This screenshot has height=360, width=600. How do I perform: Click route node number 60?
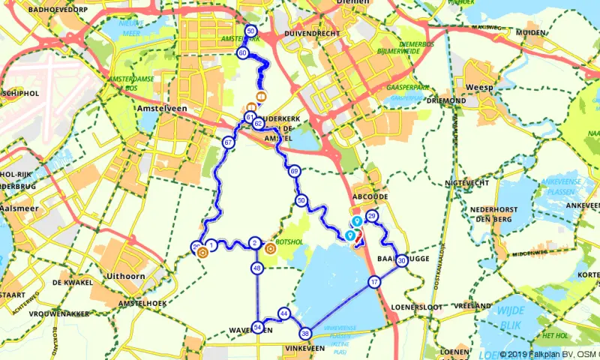pyautogui.click(x=243, y=54)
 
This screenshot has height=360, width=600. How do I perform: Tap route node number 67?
pyautogui.click(x=227, y=142)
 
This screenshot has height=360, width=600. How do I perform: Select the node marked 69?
pyautogui.click(x=294, y=172)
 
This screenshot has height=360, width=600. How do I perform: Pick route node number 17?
pyautogui.click(x=374, y=282)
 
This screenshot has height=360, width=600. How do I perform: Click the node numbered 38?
pyautogui.click(x=305, y=333)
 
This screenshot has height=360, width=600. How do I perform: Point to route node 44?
pyautogui.click(x=283, y=313)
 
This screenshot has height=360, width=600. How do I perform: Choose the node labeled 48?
pyautogui.click(x=257, y=268)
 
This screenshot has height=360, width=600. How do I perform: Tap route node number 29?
pyautogui.click(x=372, y=217)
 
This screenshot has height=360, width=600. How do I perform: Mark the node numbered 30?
pyautogui.click(x=402, y=260)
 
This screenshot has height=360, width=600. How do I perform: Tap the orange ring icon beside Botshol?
pyautogui.click(x=269, y=248)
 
